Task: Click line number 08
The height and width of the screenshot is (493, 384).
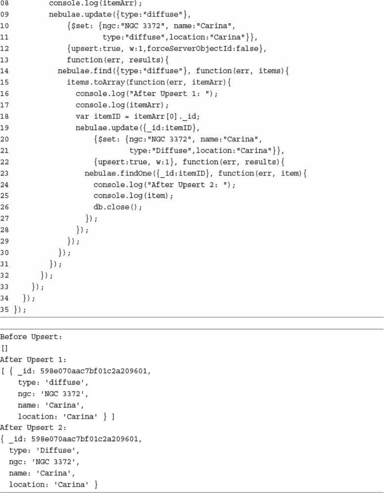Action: pyautogui.click(x=4, y=3)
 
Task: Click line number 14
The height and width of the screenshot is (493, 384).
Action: pyautogui.click(x=4, y=71)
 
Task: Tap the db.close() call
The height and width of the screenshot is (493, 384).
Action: pyautogui.click(x=118, y=207)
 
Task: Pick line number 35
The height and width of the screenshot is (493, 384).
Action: pyautogui.click(x=4, y=309)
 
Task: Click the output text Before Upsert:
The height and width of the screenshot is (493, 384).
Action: pyautogui.click(x=31, y=337)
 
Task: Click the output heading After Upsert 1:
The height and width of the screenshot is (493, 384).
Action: pyautogui.click(x=33, y=360)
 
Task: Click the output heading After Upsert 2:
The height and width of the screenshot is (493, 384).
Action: pyautogui.click(x=33, y=427)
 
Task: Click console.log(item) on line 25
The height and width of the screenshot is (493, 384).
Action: pyautogui.click(x=133, y=196)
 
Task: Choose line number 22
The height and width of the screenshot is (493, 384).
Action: pyautogui.click(x=4, y=162)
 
